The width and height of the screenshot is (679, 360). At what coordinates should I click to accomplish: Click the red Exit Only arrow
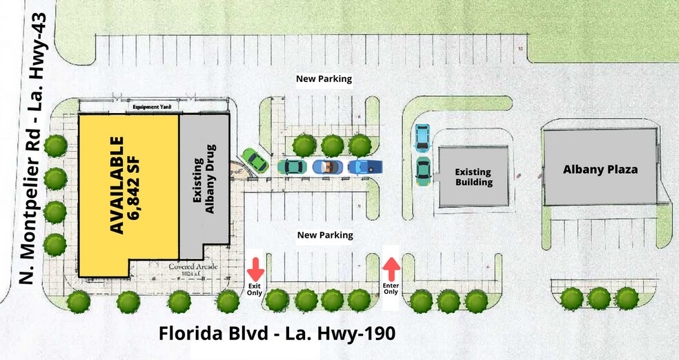255,268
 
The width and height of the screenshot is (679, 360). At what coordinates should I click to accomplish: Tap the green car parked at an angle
255,161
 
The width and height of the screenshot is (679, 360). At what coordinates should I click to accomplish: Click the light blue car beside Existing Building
422,137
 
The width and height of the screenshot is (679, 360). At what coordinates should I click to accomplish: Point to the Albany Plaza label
599,169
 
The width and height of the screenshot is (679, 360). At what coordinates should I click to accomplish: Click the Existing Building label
473,177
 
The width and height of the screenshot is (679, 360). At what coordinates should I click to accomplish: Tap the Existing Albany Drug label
204,179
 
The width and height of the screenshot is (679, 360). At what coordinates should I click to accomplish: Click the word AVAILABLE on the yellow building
118,185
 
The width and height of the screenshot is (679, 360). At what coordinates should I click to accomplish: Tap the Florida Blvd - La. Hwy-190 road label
277,334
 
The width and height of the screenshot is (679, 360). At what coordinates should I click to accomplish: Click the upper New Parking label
324,79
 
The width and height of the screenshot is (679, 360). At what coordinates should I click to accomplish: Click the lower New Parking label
325,235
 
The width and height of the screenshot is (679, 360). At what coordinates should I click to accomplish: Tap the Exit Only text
255,288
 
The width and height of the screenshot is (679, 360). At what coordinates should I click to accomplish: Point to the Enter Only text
391,288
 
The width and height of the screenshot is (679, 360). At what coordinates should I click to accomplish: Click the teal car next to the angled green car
293,167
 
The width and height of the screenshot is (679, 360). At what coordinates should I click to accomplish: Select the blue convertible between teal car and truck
328,167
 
